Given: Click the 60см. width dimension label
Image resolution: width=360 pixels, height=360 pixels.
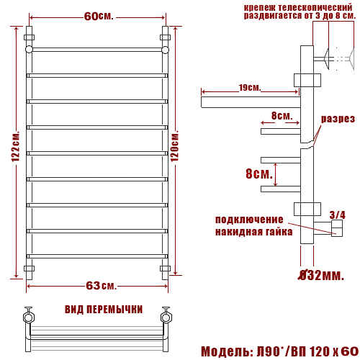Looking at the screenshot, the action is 99,17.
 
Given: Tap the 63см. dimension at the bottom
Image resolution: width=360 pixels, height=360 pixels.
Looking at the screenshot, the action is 101,286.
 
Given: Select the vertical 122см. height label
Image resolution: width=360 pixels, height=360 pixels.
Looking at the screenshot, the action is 16,146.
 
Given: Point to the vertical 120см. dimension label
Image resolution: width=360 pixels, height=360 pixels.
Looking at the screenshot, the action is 175,145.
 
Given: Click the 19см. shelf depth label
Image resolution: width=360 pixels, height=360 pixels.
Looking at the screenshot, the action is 250,88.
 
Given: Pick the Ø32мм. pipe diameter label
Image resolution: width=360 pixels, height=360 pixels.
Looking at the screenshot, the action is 321,275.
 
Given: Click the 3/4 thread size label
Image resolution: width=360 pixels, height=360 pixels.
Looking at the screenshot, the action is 338,215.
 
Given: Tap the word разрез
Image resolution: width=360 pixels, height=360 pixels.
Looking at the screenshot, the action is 338,119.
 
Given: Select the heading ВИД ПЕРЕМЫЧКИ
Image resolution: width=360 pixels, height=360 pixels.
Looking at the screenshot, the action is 104,310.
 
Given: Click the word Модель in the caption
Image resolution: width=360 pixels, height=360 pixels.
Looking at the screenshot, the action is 225,351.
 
